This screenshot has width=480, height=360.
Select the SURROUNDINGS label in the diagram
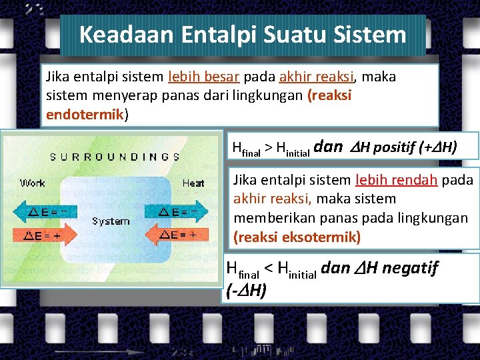pos(115,157)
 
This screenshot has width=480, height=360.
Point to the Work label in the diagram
pos(33,183)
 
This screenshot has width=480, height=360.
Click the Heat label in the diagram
pos(193,183)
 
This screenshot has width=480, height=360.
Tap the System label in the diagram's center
pos(111,221)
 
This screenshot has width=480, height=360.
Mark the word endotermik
pos(85,115)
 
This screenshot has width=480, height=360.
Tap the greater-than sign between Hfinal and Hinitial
pos(269,147)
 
